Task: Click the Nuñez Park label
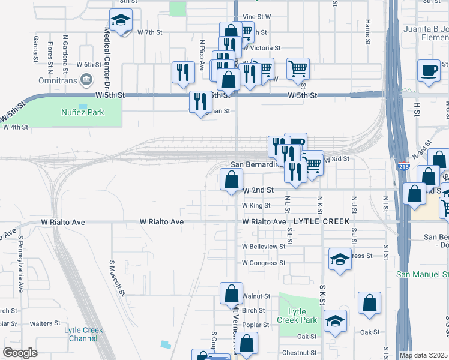83,112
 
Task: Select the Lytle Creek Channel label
83,334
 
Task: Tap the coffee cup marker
429,71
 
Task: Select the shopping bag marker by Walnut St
231,294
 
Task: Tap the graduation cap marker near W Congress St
340,259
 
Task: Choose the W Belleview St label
264,247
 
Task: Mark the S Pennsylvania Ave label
20,263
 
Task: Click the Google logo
20,353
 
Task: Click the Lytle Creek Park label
297,316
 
